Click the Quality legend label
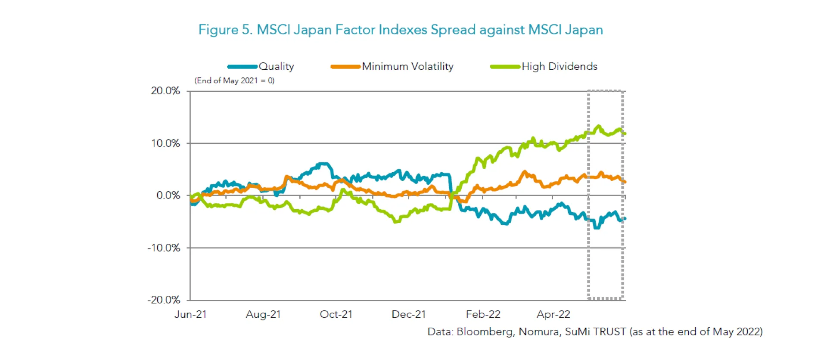pyautogui.click(x=276, y=66)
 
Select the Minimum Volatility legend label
pyautogui.click(x=407, y=66)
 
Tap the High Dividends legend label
pyautogui.click(x=560, y=66)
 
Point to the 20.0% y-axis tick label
pyautogui.click(x=165, y=91)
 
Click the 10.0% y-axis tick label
pyautogui.click(x=165, y=143)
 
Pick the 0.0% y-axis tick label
pyautogui.click(x=168, y=196)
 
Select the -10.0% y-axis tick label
pyautogui.click(x=164, y=248)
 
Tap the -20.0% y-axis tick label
pyautogui.click(x=164, y=300)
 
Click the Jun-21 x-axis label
pyautogui.click(x=190, y=314)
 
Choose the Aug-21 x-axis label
pyautogui.click(x=263, y=314)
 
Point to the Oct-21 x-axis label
pyautogui.click(x=336, y=314)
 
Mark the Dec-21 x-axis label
pyautogui.click(x=409, y=314)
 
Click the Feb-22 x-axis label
pyautogui.click(x=483, y=314)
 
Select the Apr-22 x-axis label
pyautogui.click(x=553, y=314)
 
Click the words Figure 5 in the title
pyautogui.click(x=224, y=30)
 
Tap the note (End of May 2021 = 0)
pyautogui.click(x=234, y=81)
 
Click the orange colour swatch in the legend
pyautogui.click(x=345, y=67)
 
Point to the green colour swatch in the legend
pyautogui.click(x=505, y=67)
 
